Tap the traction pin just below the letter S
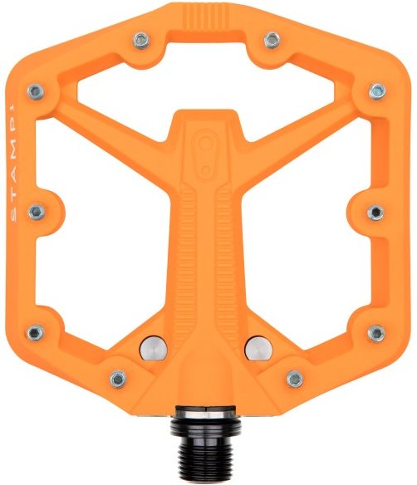pos(35,213)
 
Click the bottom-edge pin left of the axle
pos(117,378)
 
